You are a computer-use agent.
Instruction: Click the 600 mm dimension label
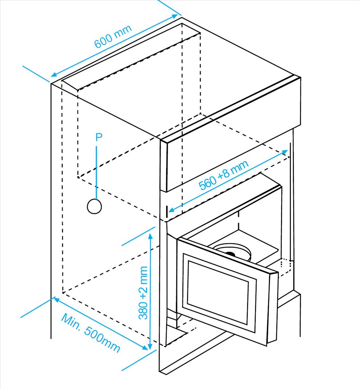coord(112,37)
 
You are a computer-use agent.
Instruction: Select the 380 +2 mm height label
coord(144,293)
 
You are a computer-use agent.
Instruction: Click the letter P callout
coord(99,137)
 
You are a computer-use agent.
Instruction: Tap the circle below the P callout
coord(94,206)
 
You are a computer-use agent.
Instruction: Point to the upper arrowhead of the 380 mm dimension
coord(150,236)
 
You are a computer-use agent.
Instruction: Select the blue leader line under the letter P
coord(96,171)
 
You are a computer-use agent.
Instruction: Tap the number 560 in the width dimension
coord(208,183)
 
